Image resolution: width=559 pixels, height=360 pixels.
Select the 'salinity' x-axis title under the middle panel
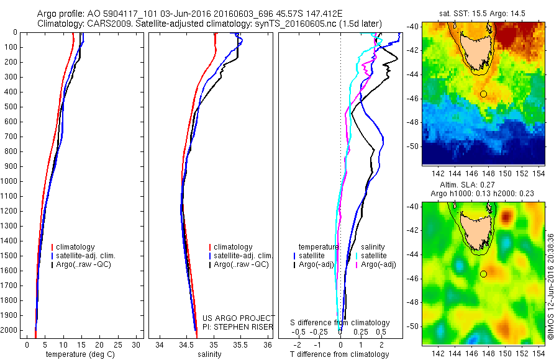point(209,354)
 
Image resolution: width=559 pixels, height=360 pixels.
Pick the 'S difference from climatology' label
point(340,323)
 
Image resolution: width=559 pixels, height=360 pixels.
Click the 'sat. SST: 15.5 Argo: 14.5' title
point(484,12)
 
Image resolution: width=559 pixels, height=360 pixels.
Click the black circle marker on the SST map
point(483,94)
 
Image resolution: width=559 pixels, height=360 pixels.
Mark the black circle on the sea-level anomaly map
point(483,273)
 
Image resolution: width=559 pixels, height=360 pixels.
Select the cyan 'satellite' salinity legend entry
point(375,256)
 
